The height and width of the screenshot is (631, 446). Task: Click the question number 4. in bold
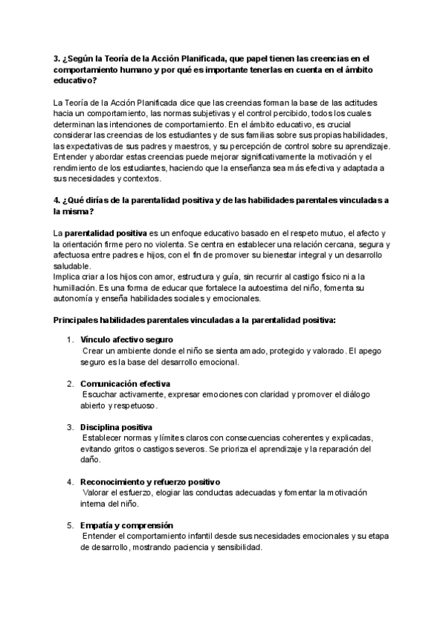(x=59, y=200)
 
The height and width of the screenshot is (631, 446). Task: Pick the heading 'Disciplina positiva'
(x=116, y=427)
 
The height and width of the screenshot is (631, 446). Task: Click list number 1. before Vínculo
(x=71, y=339)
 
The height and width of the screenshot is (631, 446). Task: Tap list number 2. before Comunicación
(x=71, y=383)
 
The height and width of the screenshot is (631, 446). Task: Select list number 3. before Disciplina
(x=71, y=427)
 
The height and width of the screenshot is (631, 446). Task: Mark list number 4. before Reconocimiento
(x=71, y=481)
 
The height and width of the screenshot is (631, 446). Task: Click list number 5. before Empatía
(x=71, y=525)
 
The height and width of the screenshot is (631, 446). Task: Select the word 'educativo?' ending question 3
(x=75, y=80)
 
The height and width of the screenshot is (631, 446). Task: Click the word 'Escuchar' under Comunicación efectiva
(x=101, y=394)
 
